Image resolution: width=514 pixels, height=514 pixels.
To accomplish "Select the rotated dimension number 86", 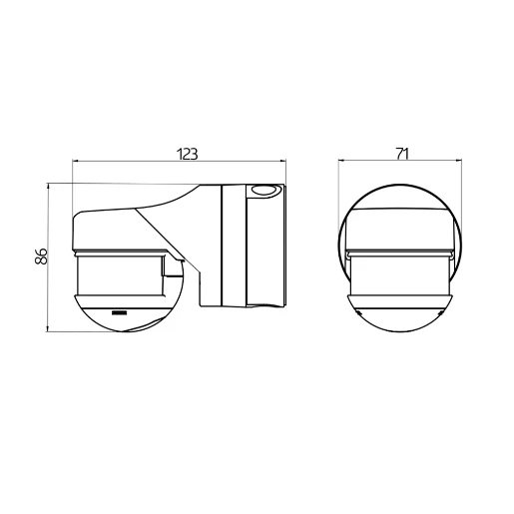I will [41, 257].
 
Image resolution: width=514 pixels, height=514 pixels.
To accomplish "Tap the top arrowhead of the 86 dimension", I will [50, 187].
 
